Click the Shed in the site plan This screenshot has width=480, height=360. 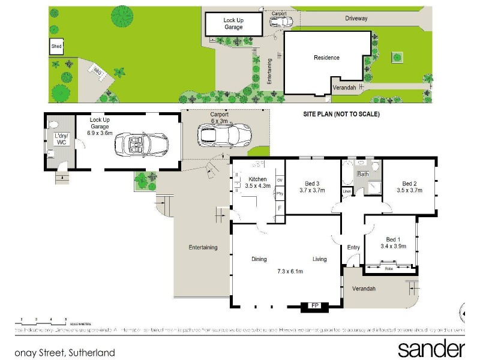tap(56, 46)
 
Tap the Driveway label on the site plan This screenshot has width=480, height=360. tap(356, 19)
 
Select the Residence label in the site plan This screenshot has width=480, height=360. tap(326, 58)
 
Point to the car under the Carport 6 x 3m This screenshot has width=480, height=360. tap(225, 133)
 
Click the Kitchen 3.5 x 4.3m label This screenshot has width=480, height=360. tap(257, 182)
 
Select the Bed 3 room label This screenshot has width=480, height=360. tap(312, 187)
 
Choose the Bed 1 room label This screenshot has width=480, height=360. tap(393, 242)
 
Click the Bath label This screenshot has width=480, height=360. tap(364, 175)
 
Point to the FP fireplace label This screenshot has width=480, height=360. tap(313, 305)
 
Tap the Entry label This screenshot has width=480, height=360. tap(353, 247)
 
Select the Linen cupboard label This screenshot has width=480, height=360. tap(347, 191)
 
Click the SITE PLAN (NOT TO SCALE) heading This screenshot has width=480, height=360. tap(341, 113)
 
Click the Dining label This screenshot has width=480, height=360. tap(259, 259)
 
